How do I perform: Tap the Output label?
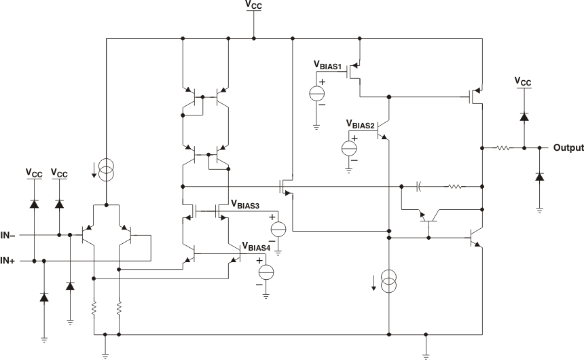click(x=568, y=147)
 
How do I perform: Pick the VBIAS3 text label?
click(x=247, y=203)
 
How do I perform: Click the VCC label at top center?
click(x=253, y=5)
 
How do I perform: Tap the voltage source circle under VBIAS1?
click(x=317, y=93)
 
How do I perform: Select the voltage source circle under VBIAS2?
click(x=349, y=147)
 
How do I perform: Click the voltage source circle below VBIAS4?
click(x=266, y=272)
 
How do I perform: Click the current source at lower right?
click(x=388, y=282)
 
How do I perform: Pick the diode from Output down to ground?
click(x=539, y=177)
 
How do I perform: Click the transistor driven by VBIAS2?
click(x=382, y=130)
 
